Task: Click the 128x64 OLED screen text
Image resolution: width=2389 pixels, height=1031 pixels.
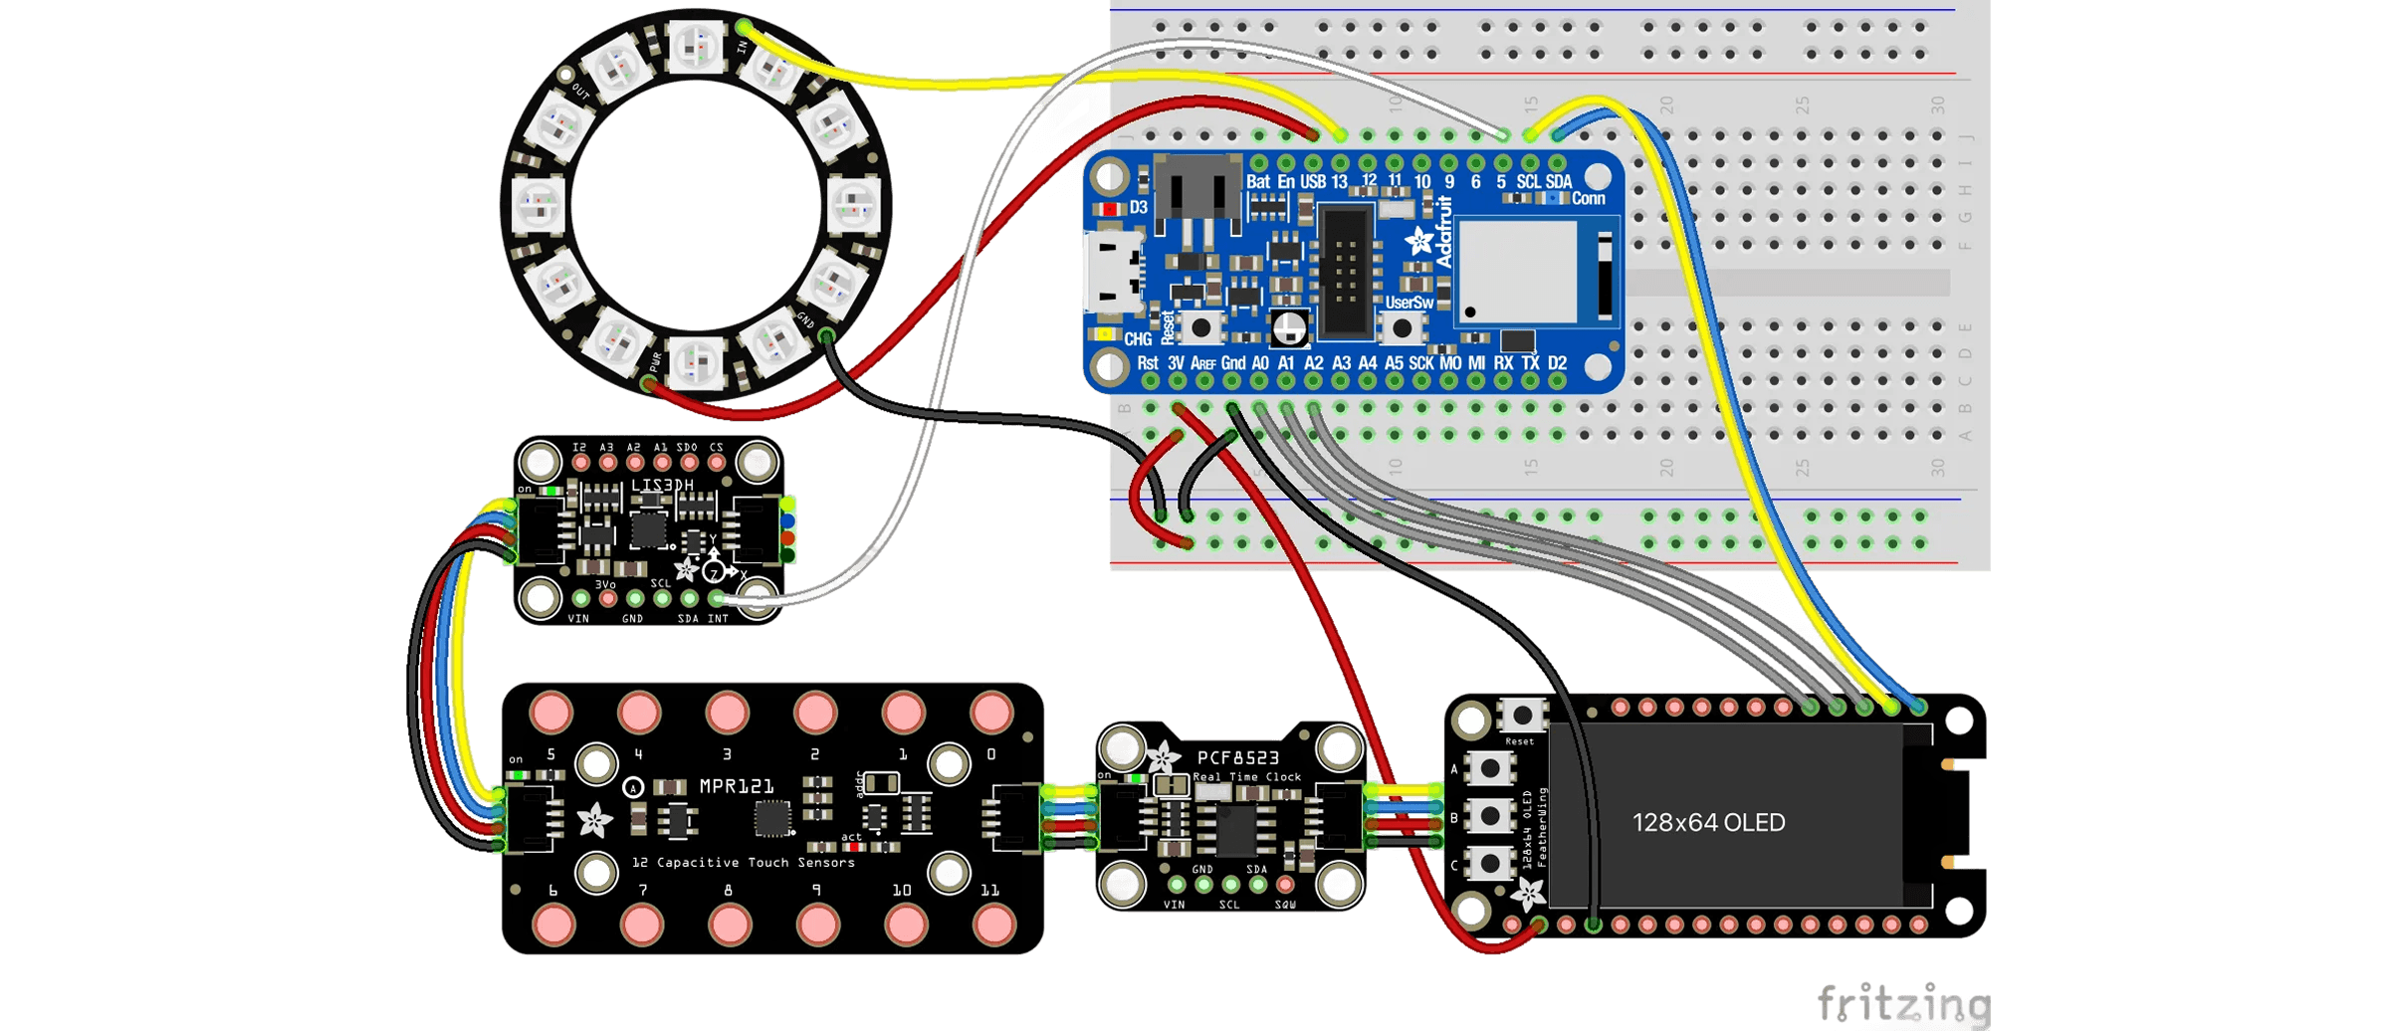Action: (x=1708, y=823)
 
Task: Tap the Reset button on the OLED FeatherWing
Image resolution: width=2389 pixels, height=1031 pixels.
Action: (x=1521, y=716)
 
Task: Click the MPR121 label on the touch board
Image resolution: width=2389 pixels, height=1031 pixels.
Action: (x=737, y=786)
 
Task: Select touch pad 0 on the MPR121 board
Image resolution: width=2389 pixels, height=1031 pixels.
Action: (x=991, y=712)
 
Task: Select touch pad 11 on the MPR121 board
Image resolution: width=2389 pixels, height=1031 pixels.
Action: (x=992, y=926)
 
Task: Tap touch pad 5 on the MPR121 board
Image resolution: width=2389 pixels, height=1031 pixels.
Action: (x=551, y=712)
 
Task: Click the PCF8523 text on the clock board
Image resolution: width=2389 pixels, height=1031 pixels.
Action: (x=1237, y=757)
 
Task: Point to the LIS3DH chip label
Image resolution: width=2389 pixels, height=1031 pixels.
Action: (x=662, y=486)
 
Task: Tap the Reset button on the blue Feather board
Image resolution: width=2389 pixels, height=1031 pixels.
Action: (x=1201, y=326)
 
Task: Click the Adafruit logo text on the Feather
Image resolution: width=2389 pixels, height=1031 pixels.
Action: (x=1443, y=232)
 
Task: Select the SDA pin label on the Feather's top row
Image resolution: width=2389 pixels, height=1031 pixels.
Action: (x=1559, y=182)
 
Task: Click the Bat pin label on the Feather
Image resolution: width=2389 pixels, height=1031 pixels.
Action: (x=1258, y=182)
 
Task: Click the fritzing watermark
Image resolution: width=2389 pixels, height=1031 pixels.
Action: (x=1901, y=1003)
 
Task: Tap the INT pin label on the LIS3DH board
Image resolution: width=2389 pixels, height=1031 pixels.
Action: (x=718, y=619)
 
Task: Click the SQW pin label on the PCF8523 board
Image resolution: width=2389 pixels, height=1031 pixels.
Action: (x=1285, y=905)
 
